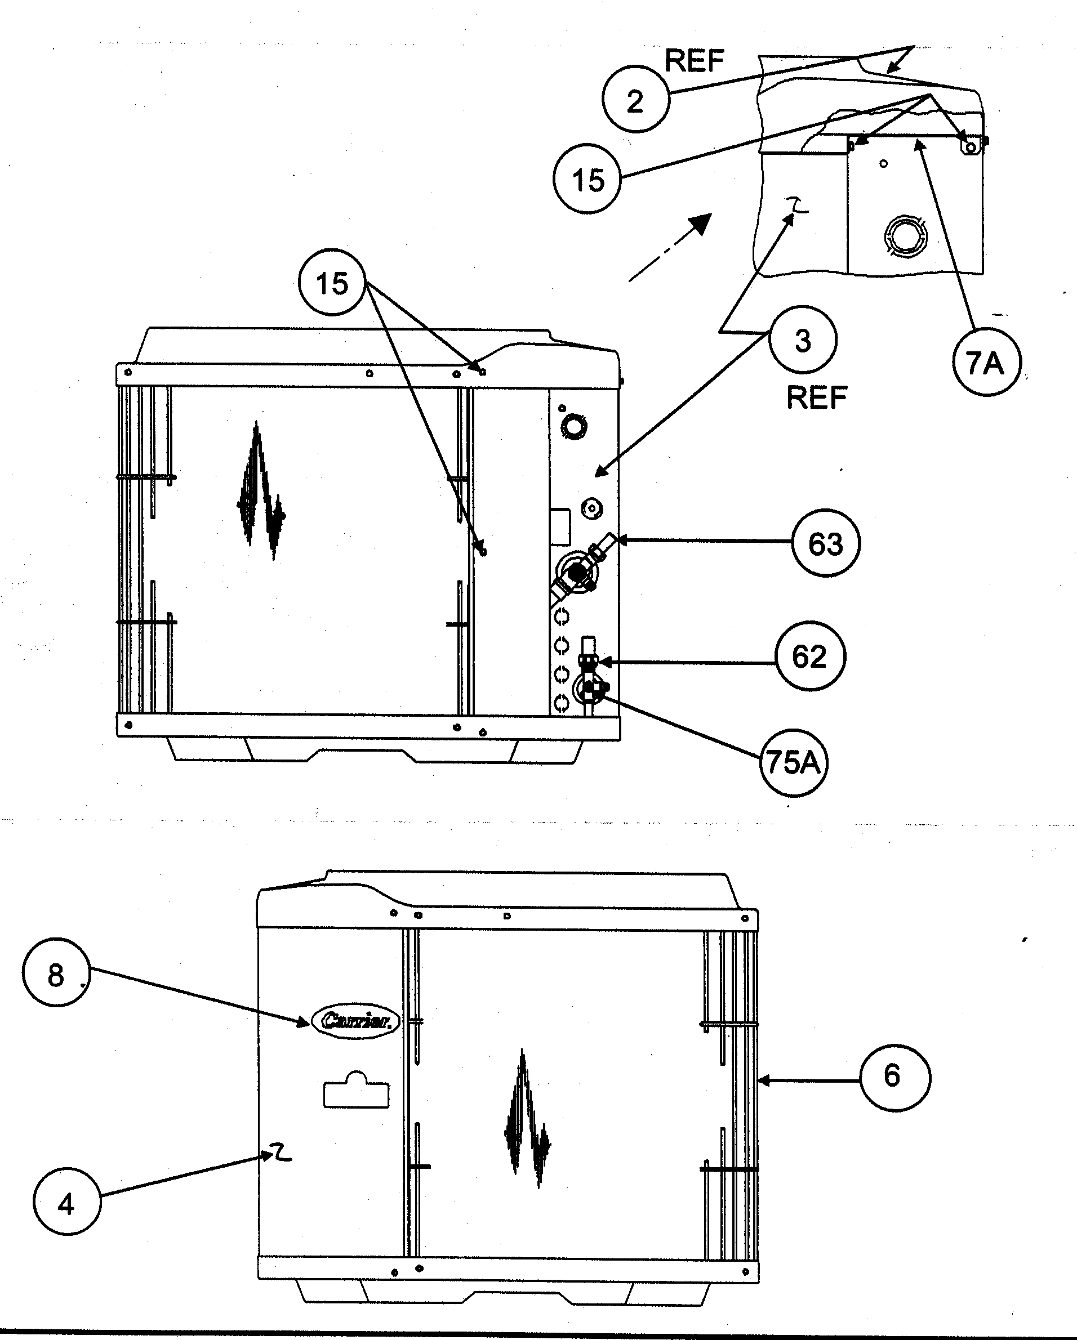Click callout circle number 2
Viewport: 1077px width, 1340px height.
tap(635, 100)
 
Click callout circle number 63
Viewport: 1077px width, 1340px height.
tap(826, 543)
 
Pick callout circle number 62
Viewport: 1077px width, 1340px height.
tap(809, 656)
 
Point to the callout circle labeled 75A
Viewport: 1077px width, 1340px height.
tap(793, 762)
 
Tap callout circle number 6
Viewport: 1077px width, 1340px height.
tap(893, 1076)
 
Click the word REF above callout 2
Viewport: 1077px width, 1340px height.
tap(694, 61)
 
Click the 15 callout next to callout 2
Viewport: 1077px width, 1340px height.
tap(587, 180)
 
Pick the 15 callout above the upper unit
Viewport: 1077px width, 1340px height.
tap(332, 283)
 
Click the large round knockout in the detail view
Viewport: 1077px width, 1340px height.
tap(905, 235)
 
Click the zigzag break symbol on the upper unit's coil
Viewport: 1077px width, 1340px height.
tap(260, 491)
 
